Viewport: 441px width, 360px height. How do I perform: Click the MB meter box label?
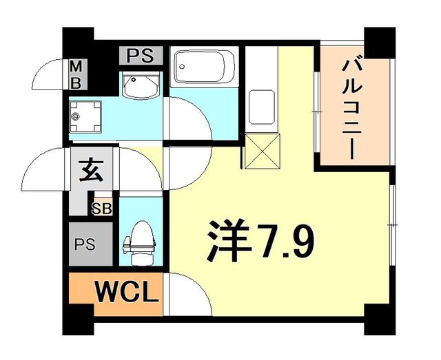(x=77, y=75)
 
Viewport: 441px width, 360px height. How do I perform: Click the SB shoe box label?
(x=103, y=206)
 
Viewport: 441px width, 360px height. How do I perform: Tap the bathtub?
(x=203, y=67)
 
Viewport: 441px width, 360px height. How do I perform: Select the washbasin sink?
(x=141, y=86)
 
